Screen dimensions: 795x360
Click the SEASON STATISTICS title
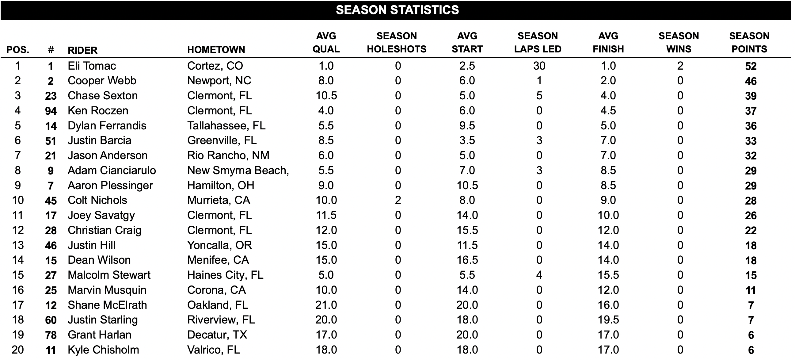pos(397,10)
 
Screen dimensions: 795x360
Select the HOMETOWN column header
pos(216,49)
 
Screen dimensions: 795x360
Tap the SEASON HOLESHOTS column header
pos(397,42)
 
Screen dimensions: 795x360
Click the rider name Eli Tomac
pos(92,66)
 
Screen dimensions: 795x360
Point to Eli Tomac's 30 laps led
pos(539,66)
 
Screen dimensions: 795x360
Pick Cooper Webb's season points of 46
pos(751,81)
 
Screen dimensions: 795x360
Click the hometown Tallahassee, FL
pos(226,126)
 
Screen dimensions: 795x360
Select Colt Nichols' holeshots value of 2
pos(398,200)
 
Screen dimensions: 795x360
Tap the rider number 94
pos(51,111)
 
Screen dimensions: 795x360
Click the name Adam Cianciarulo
pos(112,170)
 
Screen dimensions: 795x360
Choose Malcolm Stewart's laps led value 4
pos(539,275)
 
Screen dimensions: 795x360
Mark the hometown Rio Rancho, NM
pos(228,155)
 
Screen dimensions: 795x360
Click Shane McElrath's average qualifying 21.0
pos(326,305)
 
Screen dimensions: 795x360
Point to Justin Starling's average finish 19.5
pos(608,320)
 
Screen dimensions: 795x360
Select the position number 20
pos(17,350)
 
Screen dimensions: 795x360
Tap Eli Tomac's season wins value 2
pos(680,66)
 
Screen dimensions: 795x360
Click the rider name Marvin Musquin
pos(107,290)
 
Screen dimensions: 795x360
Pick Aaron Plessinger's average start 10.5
pos(467,185)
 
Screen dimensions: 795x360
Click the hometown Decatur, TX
pos(217,335)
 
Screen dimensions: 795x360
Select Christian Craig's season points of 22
pos(751,230)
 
